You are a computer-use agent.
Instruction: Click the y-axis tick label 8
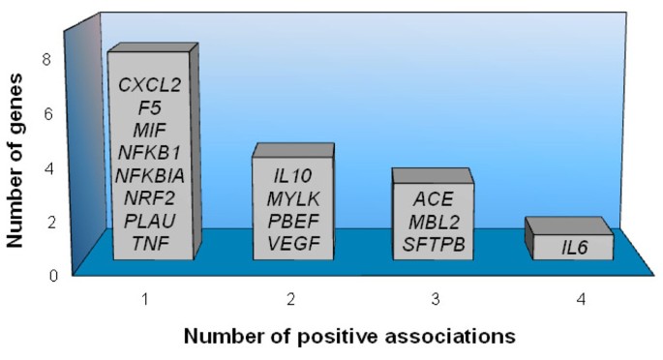coord(46,58)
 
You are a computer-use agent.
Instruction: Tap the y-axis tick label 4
coord(46,166)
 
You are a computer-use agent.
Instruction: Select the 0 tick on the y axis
coord(46,274)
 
